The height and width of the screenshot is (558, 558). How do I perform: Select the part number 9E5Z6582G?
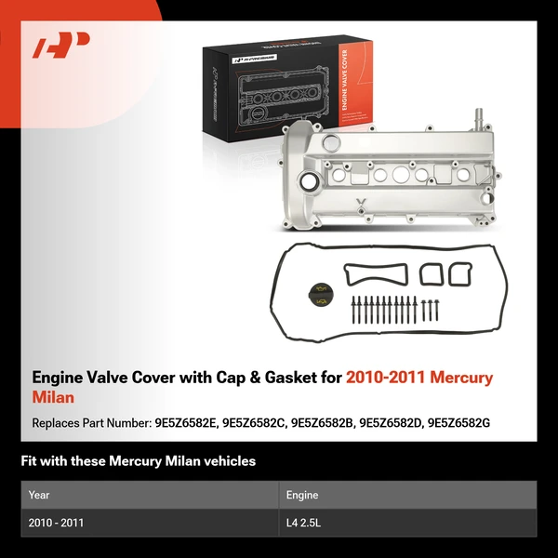pos(457,422)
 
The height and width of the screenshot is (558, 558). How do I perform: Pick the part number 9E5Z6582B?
pos(322,422)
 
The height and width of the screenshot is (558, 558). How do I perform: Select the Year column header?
pos(39,495)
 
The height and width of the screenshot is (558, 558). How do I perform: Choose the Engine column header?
pos(302,495)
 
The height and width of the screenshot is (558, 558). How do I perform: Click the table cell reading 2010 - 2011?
pos(56,523)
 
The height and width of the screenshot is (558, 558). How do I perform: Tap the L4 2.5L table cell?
pos(305,523)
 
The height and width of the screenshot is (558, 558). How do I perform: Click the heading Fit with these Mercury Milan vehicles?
pos(138,460)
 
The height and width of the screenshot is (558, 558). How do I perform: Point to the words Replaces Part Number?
pos(91,422)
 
